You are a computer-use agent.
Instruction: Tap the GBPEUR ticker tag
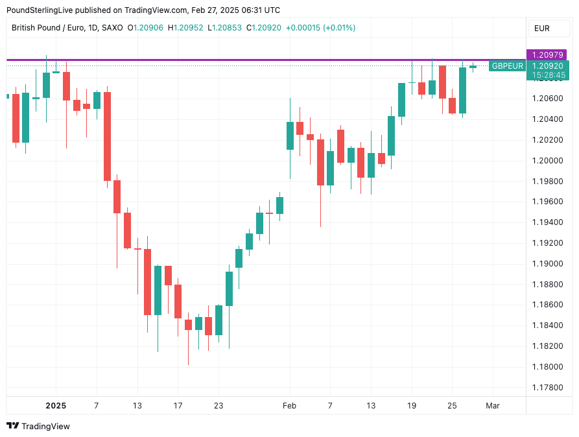tap(507, 65)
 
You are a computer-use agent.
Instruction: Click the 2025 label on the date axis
tap(56, 406)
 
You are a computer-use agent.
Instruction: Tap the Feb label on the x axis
tap(289, 406)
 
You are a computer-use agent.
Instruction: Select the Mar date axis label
tap(493, 406)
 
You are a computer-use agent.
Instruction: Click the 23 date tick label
tap(219, 406)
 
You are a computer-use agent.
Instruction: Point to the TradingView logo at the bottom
tap(38, 426)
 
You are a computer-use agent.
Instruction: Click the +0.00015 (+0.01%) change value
tap(320, 28)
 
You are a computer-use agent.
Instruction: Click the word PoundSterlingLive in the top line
tap(40, 10)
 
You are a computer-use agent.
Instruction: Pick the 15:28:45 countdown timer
tap(548, 75)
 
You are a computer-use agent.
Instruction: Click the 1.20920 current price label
tap(548, 65)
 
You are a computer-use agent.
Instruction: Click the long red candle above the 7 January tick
tap(107, 136)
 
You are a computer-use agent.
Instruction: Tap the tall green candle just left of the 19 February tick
tap(402, 99)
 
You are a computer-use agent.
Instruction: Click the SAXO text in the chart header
tap(113, 28)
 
